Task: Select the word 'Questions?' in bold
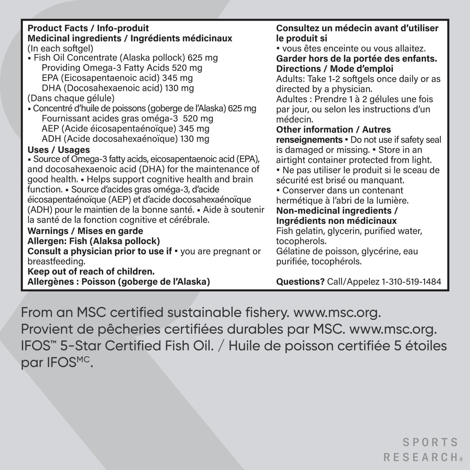click(300, 281)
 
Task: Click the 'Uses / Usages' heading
click(59, 150)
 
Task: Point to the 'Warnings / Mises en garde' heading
click(85, 231)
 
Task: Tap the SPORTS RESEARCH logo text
click(420, 450)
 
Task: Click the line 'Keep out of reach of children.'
click(91, 271)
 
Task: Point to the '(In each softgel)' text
click(61, 48)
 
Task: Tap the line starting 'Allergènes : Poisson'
click(119, 281)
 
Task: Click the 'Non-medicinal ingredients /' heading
click(337, 211)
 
